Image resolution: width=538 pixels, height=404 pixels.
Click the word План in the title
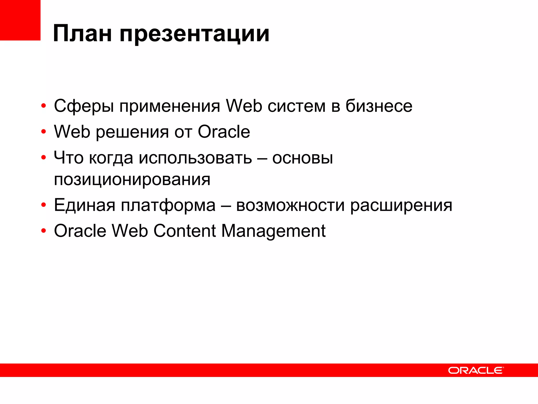pyautogui.click(x=82, y=34)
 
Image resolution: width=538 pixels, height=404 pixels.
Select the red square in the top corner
pyautogui.click(x=20, y=20)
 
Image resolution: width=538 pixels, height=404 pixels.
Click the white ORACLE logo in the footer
pyautogui.click(x=476, y=370)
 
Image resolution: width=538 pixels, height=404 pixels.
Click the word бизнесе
pyautogui.click(x=379, y=106)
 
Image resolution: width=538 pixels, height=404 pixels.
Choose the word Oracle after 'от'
pyautogui.click(x=224, y=132)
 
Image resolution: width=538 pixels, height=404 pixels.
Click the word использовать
pyautogui.click(x=195, y=158)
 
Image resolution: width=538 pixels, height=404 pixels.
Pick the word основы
pyautogui.click(x=302, y=158)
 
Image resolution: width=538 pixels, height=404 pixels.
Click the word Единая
pyautogui.click(x=85, y=205)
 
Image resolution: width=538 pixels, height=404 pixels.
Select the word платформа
pyautogui.click(x=168, y=205)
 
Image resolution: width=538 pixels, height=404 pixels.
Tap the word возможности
pyautogui.click(x=290, y=205)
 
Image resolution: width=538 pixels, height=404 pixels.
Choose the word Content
pyautogui.click(x=185, y=231)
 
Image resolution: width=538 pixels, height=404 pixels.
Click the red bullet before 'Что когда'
pyautogui.click(x=44, y=158)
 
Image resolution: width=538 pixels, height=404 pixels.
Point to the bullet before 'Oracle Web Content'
pyautogui.click(x=44, y=231)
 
